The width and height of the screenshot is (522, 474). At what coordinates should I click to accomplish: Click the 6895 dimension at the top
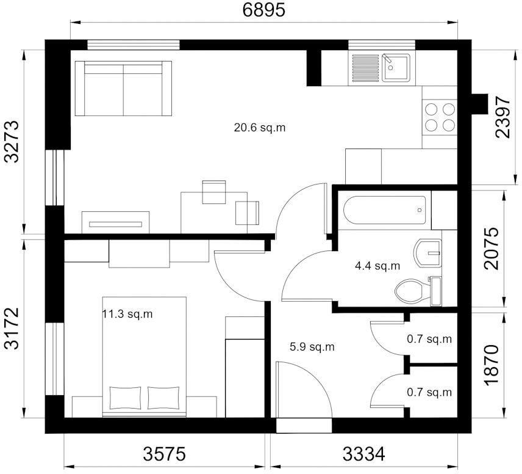coord(263,10)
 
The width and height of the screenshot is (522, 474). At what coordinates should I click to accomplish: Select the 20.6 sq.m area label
coord(260,128)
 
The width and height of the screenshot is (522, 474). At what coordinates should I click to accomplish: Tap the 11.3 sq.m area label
coord(127,315)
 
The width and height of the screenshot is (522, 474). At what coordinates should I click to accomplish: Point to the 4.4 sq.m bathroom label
coord(377,266)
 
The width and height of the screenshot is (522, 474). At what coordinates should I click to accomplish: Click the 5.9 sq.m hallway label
coord(312,347)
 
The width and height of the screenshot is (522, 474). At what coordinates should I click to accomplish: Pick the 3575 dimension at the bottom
coord(164,454)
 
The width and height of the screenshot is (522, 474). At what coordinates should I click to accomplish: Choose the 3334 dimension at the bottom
coord(363,454)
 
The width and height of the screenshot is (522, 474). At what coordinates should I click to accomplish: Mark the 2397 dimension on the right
coord(503,117)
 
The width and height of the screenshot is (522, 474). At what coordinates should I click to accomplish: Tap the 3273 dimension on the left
coord(12,141)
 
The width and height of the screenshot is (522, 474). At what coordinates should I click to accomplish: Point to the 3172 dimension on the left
coord(12,329)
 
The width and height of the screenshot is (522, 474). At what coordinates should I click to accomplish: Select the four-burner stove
coord(440,117)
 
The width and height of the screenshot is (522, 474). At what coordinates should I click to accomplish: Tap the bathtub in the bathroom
coord(384,210)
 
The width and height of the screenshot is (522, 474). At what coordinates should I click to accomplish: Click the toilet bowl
coord(410,290)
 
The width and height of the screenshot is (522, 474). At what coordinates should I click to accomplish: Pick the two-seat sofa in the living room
coord(123,89)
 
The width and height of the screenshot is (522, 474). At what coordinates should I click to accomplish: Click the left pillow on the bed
coord(125,398)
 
